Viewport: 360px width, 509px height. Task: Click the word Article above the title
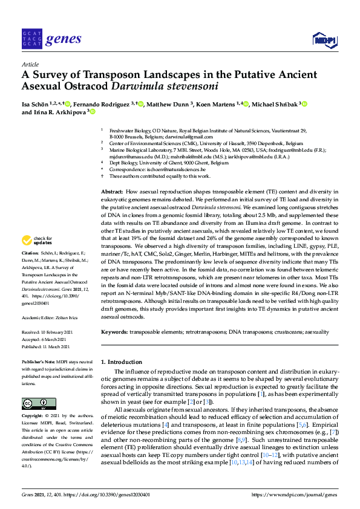click(30, 64)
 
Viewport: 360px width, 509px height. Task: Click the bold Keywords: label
click(115, 332)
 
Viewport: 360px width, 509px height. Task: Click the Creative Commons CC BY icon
click(39, 403)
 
